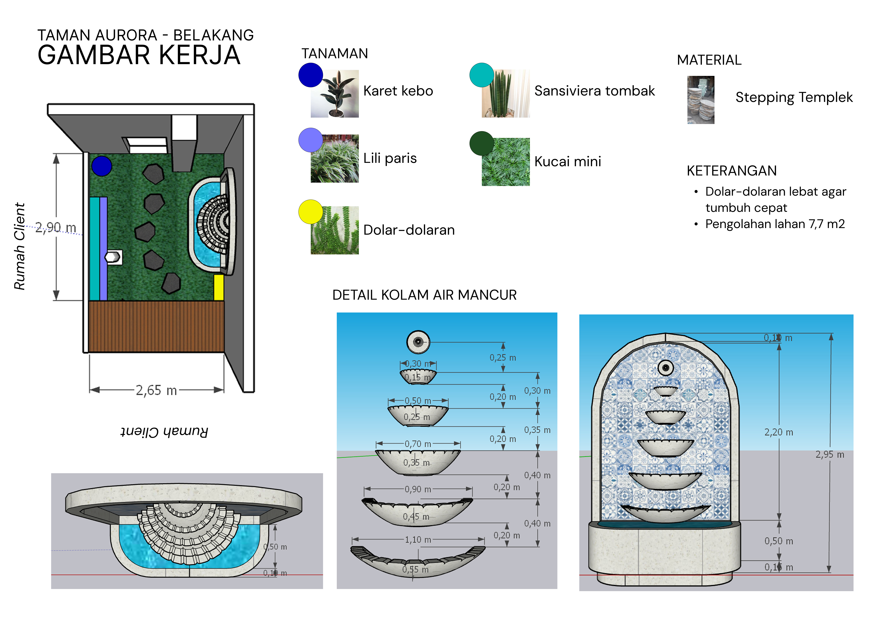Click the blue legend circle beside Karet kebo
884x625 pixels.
point(310,75)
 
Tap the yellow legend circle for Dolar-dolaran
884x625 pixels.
point(310,212)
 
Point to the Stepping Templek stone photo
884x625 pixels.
point(701,100)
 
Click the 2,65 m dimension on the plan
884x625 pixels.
point(156,390)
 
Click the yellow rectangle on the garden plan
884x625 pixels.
point(219,287)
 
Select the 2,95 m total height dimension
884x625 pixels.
point(830,454)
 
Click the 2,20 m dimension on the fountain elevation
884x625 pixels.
point(779,432)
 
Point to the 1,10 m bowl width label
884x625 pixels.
point(418,539)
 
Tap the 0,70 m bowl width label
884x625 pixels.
point(418,444)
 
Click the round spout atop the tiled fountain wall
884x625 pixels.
point(665,368)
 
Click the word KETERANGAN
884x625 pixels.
point(731,171)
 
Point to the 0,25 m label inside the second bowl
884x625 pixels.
point(417,417)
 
